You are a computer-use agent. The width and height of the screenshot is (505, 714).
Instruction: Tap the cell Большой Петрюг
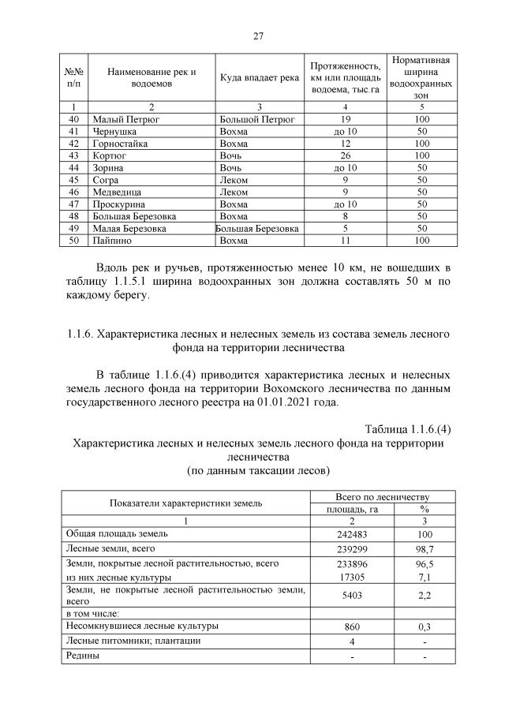pos(256,119)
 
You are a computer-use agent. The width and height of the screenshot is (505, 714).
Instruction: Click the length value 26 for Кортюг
pos(345,156)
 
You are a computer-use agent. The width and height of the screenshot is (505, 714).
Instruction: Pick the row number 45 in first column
pos(73,180)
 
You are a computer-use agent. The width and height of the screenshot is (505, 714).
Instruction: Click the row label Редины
pos(83,656)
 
